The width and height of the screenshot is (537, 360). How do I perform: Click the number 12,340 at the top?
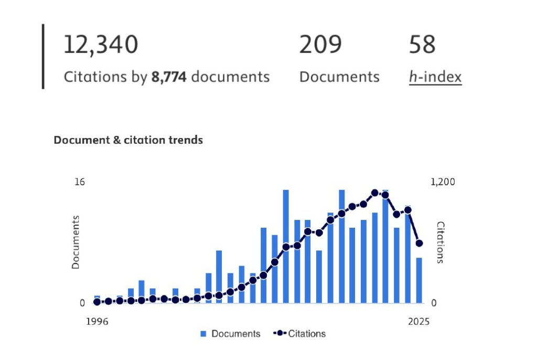pos(101,45)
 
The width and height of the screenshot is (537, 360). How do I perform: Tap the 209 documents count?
pos(320,45)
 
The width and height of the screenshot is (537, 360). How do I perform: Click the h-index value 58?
pos(422,45)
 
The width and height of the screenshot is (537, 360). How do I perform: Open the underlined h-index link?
pos(435,77)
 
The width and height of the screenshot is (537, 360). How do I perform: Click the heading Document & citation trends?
pos(128,140)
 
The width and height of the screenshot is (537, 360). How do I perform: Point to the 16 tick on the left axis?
pos(79,182)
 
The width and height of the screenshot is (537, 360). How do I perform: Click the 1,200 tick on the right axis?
pos(443,182)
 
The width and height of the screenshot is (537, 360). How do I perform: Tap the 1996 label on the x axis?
pos(97,321)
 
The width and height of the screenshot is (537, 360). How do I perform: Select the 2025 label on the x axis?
pos(418,321)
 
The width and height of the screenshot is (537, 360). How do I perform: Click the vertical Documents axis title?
pos(76,242)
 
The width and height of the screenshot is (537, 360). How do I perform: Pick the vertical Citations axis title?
pos(441,242)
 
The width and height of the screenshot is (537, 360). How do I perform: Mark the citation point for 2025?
pos(419,243)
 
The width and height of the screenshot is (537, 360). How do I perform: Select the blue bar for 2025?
pos(419,280)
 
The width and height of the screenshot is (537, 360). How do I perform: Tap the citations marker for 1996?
pos(97,302)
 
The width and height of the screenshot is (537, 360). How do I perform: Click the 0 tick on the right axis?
pos(434,303)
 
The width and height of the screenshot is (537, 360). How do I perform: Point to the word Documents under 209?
pos(339,77)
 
